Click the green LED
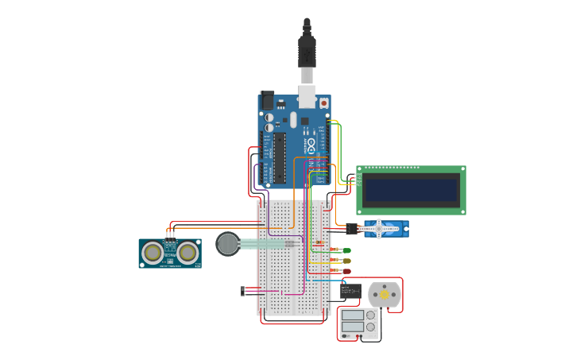(x=346, y=250)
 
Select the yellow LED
(x=346, y=261)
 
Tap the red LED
(x=346, y=271)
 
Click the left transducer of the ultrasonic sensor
(x=153, y=253)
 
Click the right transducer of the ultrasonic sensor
(x=187, y=253)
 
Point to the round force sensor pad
(x=228, y=243)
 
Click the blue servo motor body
(x=385, y=229)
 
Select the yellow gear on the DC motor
(x=385, y=295)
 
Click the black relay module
(x=350, y=291)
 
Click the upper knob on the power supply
(x=370, y=315)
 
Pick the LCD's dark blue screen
(x=411, y=190)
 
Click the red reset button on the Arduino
(x=323, y=103)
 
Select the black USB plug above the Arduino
(x=307, y=52)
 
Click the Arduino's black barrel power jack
(x=268, y=101)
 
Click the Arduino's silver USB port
(x=307, y=96)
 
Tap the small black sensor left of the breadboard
(x=243, y=291)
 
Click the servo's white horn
(x=379, y=229)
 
